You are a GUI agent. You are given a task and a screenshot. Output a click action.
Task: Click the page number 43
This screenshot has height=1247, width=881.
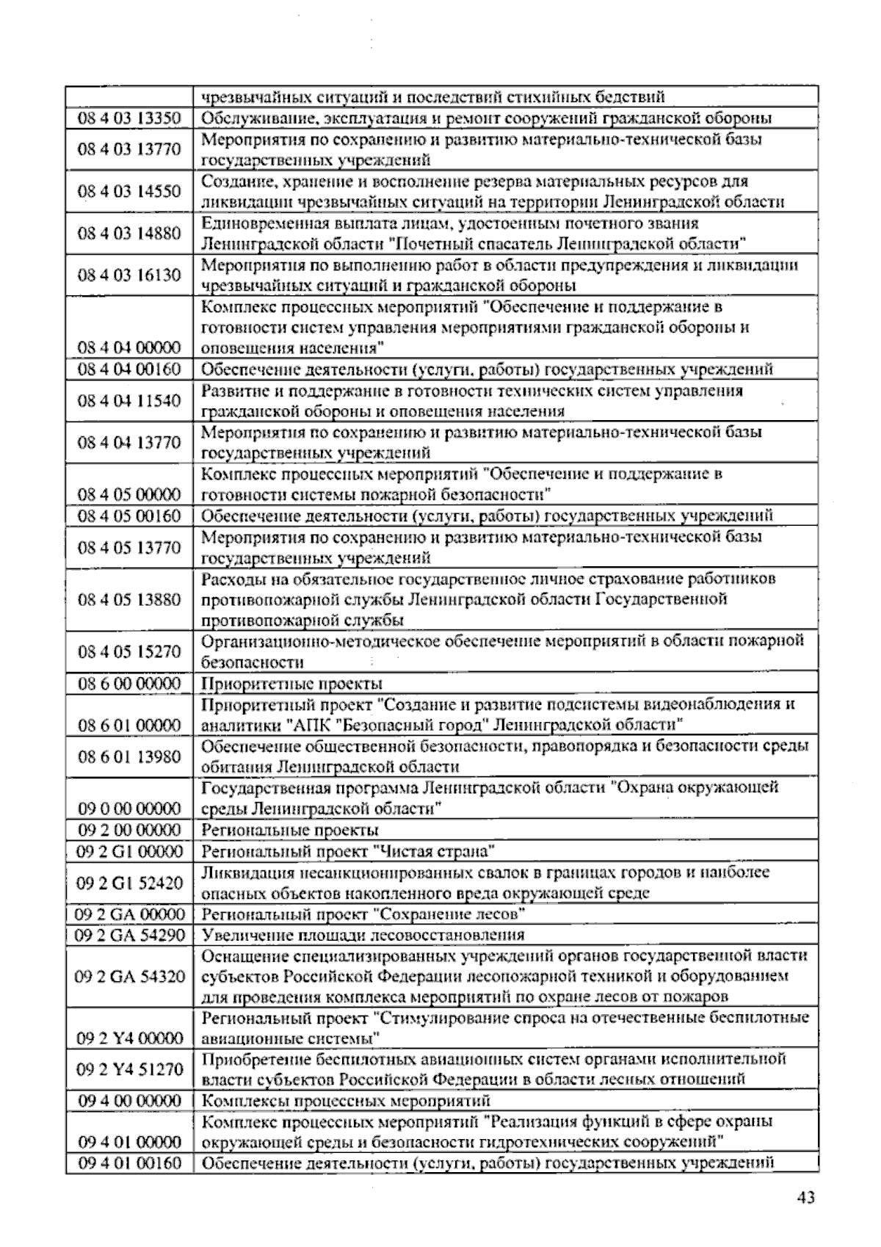[x=805, y=1198]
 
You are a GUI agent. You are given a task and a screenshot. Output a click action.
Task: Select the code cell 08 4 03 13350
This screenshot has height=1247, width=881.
[x=129, y=118]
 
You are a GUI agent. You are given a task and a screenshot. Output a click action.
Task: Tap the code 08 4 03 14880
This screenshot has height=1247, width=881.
[x=129, y=234]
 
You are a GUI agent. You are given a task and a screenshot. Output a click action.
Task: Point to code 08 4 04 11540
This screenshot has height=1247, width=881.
[x=129, y=401]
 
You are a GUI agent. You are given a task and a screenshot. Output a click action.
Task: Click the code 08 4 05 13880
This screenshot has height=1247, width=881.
[x=129, y=599]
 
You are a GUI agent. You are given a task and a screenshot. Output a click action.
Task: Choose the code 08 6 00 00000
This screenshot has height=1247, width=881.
[x=129, y=684]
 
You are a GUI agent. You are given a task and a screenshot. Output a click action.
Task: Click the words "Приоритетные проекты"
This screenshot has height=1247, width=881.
[x=291, y=684]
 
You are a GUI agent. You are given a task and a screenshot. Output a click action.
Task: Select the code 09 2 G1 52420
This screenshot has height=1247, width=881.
[x=129, y=883]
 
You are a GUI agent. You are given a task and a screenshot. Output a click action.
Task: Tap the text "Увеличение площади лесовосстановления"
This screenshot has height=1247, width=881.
[x=363, y=935]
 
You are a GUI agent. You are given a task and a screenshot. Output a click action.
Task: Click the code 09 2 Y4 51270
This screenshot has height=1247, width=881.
[x=129, y=1069]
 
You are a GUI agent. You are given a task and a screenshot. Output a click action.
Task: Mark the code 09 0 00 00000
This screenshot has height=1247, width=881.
[x=129, y=809]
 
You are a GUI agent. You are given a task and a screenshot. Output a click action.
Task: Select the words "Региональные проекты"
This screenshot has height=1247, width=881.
[x=290, y=831]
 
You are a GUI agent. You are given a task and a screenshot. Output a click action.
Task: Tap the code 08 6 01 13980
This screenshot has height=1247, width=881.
[x=129, y=756]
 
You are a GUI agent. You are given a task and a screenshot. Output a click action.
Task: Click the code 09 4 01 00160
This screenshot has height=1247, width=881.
[x=129, y=1163]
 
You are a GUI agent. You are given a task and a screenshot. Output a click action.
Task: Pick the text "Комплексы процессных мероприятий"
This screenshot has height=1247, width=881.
[x=346, y=1101]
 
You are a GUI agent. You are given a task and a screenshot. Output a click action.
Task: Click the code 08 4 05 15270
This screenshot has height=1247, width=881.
[x=129, y=651]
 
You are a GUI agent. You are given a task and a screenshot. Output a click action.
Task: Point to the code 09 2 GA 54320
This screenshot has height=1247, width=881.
[x=129, y=977]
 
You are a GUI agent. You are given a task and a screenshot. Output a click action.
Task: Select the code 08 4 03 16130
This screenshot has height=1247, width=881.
[x=129, y=275]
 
